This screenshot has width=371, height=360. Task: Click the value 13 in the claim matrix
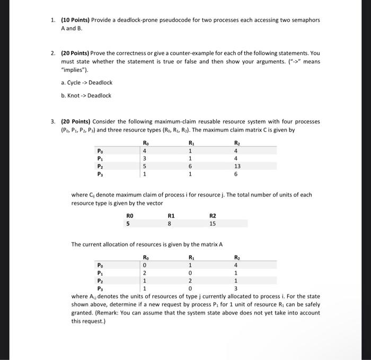click(237, 166)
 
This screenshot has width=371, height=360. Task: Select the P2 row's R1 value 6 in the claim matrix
click(190, 166)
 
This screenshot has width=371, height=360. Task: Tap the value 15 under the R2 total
click(213, 223)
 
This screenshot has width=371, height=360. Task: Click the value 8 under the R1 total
click(170, 223)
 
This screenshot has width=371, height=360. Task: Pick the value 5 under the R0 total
click(128, 223)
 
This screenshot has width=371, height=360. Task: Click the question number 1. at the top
click(54, 20)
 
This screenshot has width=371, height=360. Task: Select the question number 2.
click(54, 53)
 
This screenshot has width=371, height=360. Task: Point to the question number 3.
click(54, 121)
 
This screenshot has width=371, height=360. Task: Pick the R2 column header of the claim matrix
click(237, 142)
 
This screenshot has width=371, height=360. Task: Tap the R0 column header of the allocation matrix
click(146, 257)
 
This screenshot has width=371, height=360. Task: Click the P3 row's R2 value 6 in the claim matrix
click(237, 174)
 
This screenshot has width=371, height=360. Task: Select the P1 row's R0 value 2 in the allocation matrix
click(145, 273)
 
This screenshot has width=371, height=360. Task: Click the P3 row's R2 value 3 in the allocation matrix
click(237, 289)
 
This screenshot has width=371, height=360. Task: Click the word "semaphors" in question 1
click(305, 20)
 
